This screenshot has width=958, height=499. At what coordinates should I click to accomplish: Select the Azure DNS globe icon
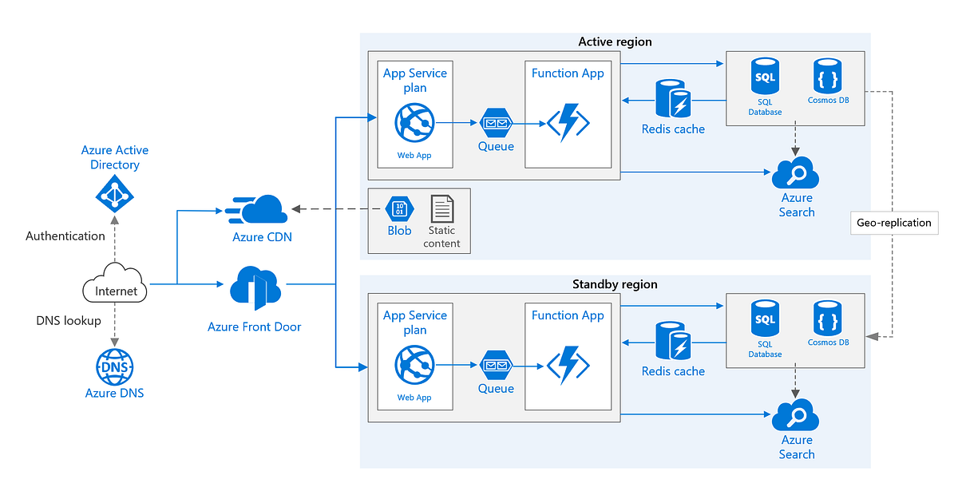(x=115, y=367)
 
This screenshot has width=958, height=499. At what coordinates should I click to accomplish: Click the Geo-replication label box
(x=893, y=223)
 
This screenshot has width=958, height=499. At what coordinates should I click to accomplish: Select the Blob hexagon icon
(x=399, y=208)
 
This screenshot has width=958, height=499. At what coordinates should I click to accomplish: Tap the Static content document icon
(x=441, y=209)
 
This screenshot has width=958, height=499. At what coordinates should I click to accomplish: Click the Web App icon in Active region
(x=414, y=124)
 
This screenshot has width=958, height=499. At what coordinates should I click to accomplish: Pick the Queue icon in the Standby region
(x=496, y=366)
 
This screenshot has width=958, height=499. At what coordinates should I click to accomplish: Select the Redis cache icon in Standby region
(x=673, y=341)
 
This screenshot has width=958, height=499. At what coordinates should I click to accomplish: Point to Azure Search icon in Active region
(x=796, y=172)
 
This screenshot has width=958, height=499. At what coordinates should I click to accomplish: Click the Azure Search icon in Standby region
(x=796, y=415)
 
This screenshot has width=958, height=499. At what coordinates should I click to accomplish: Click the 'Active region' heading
(x=615, y=42)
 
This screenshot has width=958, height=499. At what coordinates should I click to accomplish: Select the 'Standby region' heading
(x=615, y=284)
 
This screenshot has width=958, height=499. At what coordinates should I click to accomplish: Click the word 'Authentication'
(x=65, y=236)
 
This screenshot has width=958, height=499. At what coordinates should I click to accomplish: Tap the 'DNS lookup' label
(x=69, y=321)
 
